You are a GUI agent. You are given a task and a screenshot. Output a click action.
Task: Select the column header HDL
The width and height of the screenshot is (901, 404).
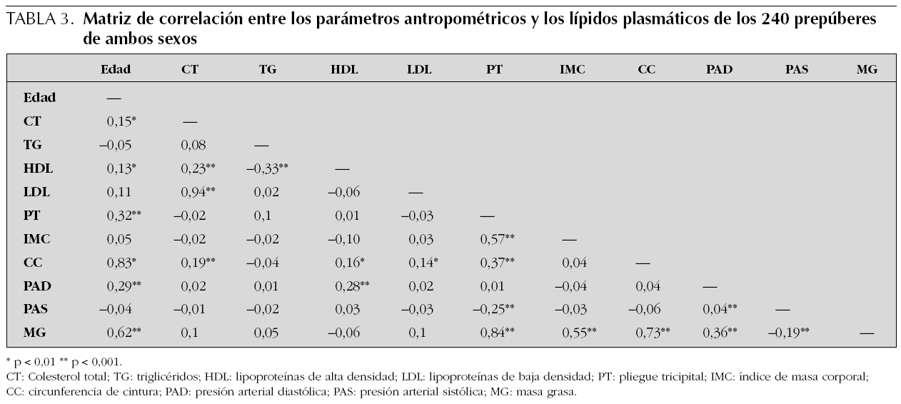(x=345, y=69)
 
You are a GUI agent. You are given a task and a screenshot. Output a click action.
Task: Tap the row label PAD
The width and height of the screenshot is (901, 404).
(x=37, y=286)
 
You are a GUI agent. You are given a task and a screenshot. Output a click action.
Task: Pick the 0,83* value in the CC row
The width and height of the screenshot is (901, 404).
(x=121, y=263)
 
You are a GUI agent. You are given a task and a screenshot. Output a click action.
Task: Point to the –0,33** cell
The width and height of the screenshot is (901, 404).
(x=267, y=168)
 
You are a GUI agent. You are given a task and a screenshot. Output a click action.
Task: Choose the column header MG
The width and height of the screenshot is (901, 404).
(x=867, y=69)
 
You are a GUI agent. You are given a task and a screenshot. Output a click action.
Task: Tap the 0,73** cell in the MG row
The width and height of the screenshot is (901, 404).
(x=653, y=333)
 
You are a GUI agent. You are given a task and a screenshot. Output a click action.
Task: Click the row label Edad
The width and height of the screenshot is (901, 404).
(x=39, y=98)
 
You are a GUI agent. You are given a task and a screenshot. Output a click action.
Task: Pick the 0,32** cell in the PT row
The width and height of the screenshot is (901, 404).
(x=123, y=216)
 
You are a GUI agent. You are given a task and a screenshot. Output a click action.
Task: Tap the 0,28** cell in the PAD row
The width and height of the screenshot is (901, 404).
(x=352, y=286)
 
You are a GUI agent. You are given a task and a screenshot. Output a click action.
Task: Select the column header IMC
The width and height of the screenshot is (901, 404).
(x=573, y=69)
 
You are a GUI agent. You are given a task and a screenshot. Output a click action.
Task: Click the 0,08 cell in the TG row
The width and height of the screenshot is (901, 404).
(x=193, y=145)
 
